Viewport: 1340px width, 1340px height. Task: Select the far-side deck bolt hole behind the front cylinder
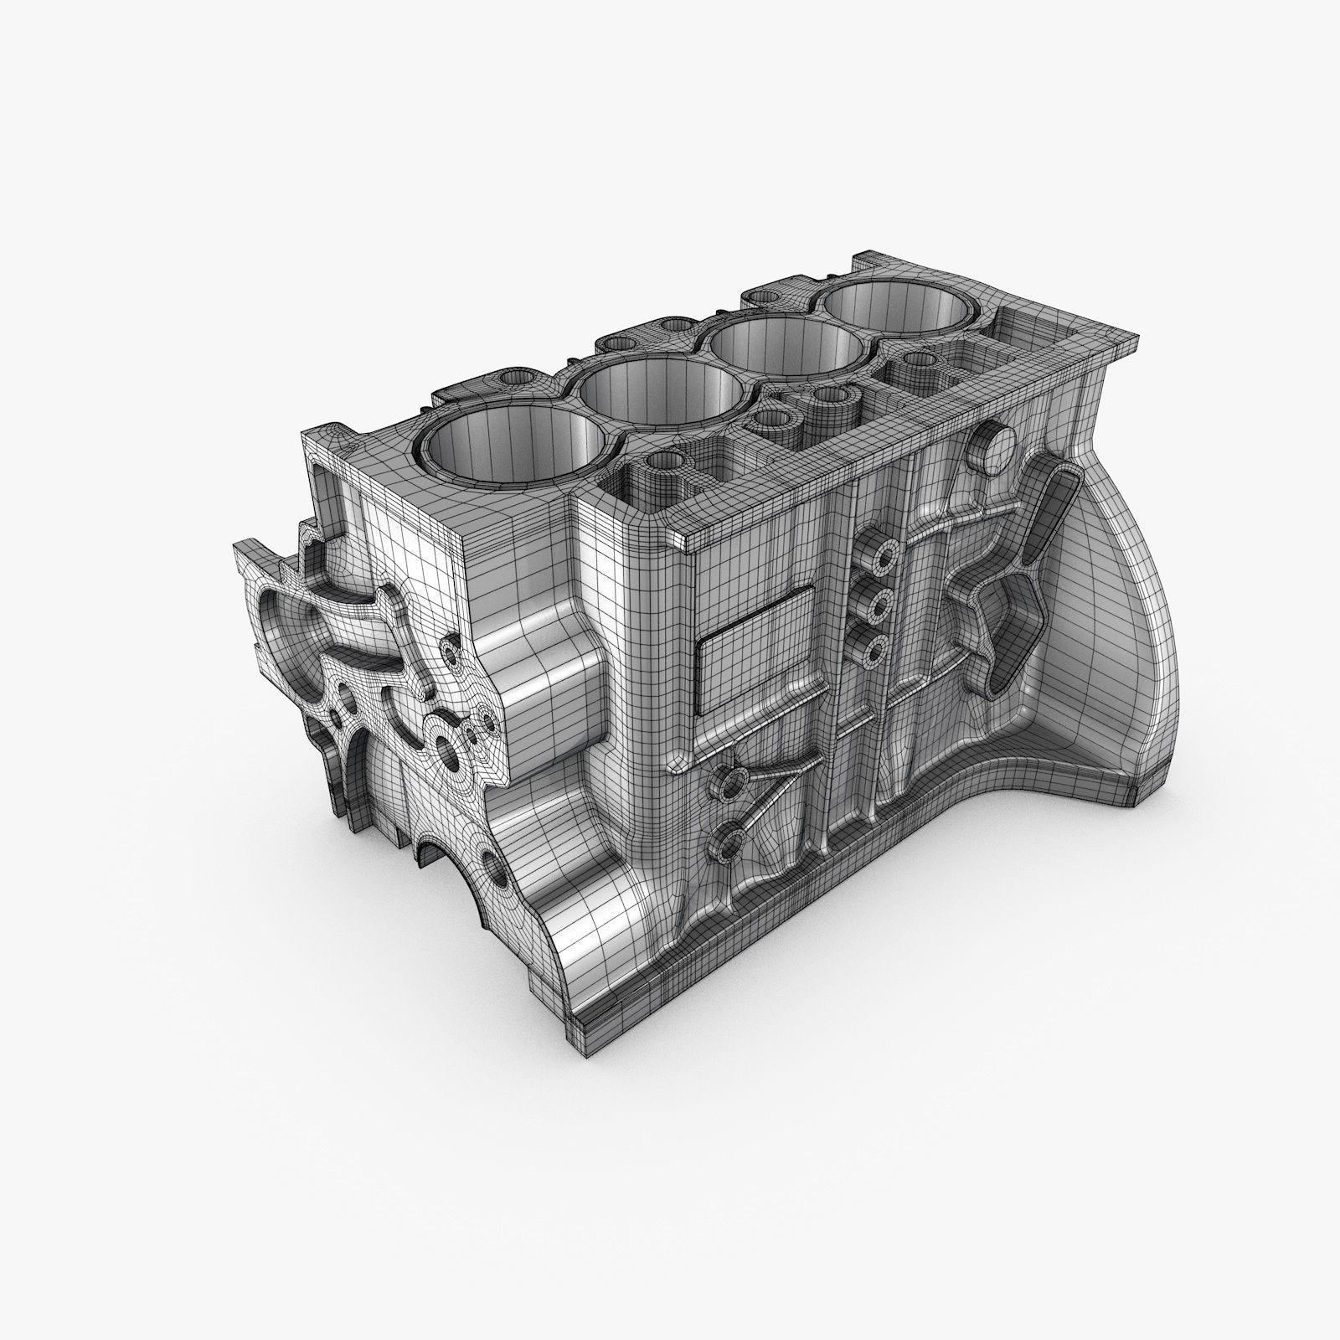[x=513, y=379]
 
